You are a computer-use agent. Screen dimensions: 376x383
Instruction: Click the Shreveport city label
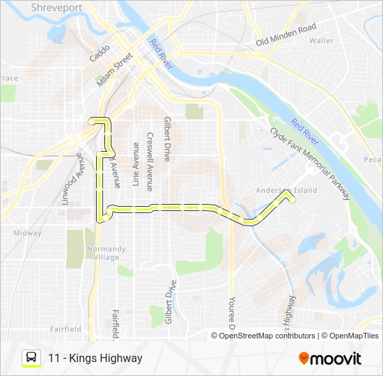[56, 8]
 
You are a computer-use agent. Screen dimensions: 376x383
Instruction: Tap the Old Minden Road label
[286, 35]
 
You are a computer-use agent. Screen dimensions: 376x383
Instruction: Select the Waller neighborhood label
[322, 40]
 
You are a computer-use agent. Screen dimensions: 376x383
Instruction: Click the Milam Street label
[115, 70]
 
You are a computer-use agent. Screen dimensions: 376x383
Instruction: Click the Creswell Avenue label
[149, 162]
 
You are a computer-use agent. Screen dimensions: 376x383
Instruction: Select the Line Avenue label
[136, 165]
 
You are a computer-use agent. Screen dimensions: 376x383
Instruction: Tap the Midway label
[27, 233]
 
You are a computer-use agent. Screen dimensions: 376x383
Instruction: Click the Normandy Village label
[106, 253]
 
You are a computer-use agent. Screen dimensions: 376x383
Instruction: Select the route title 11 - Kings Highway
[95, 358]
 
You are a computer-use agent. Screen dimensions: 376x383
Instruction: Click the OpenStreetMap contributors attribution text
[267, 336]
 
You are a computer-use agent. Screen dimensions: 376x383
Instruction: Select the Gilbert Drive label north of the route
[166, 139]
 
